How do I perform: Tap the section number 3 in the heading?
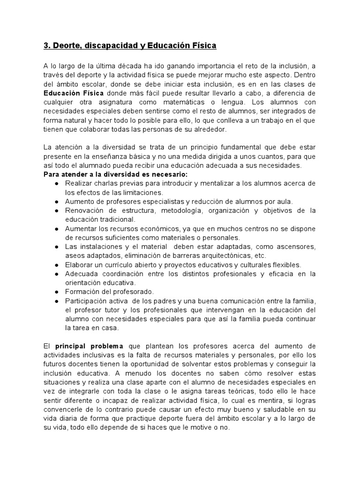point(46,46)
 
